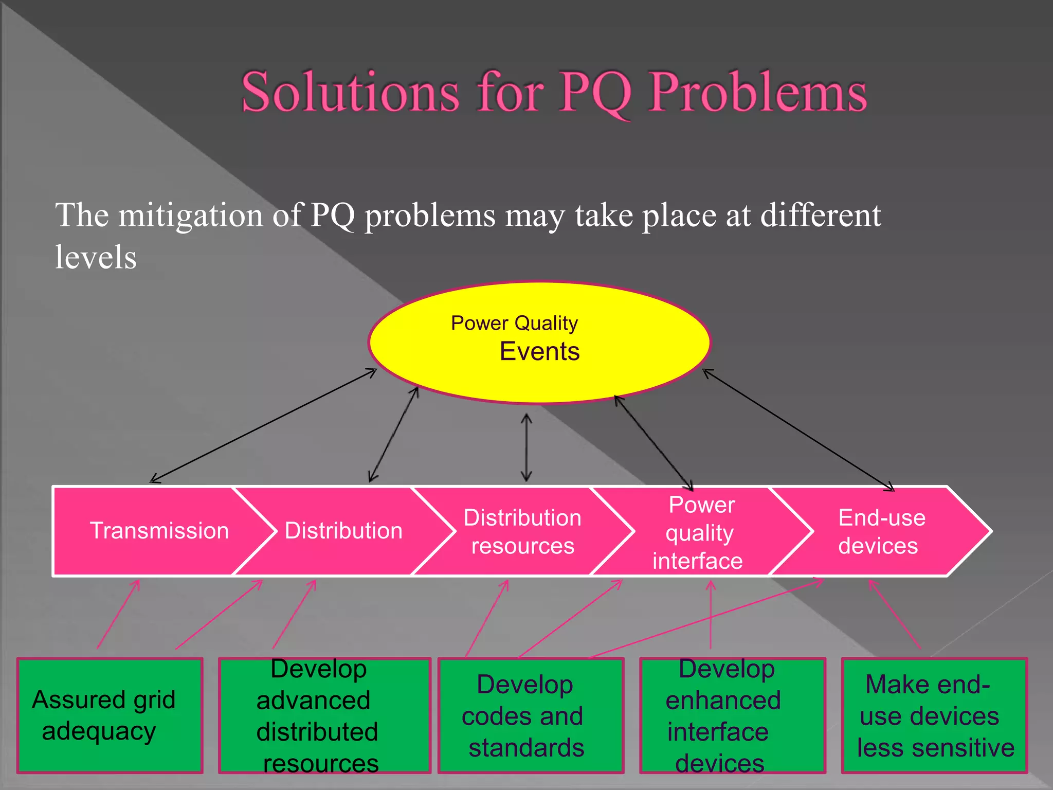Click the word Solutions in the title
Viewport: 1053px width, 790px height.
350,93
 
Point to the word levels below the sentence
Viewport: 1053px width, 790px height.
96,257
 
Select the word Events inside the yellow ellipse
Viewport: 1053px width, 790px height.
539,352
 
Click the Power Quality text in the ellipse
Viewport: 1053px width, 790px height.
514,323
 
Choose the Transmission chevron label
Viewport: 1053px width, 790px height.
159,531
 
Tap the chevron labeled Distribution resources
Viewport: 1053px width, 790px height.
522,532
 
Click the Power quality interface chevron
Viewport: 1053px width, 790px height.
699,533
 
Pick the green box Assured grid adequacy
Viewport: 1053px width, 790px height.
110,715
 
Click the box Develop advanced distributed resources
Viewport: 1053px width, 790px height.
324,715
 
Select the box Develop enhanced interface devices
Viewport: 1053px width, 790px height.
732,715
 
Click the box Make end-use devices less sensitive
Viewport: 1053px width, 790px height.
934,715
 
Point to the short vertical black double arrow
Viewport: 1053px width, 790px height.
526,447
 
